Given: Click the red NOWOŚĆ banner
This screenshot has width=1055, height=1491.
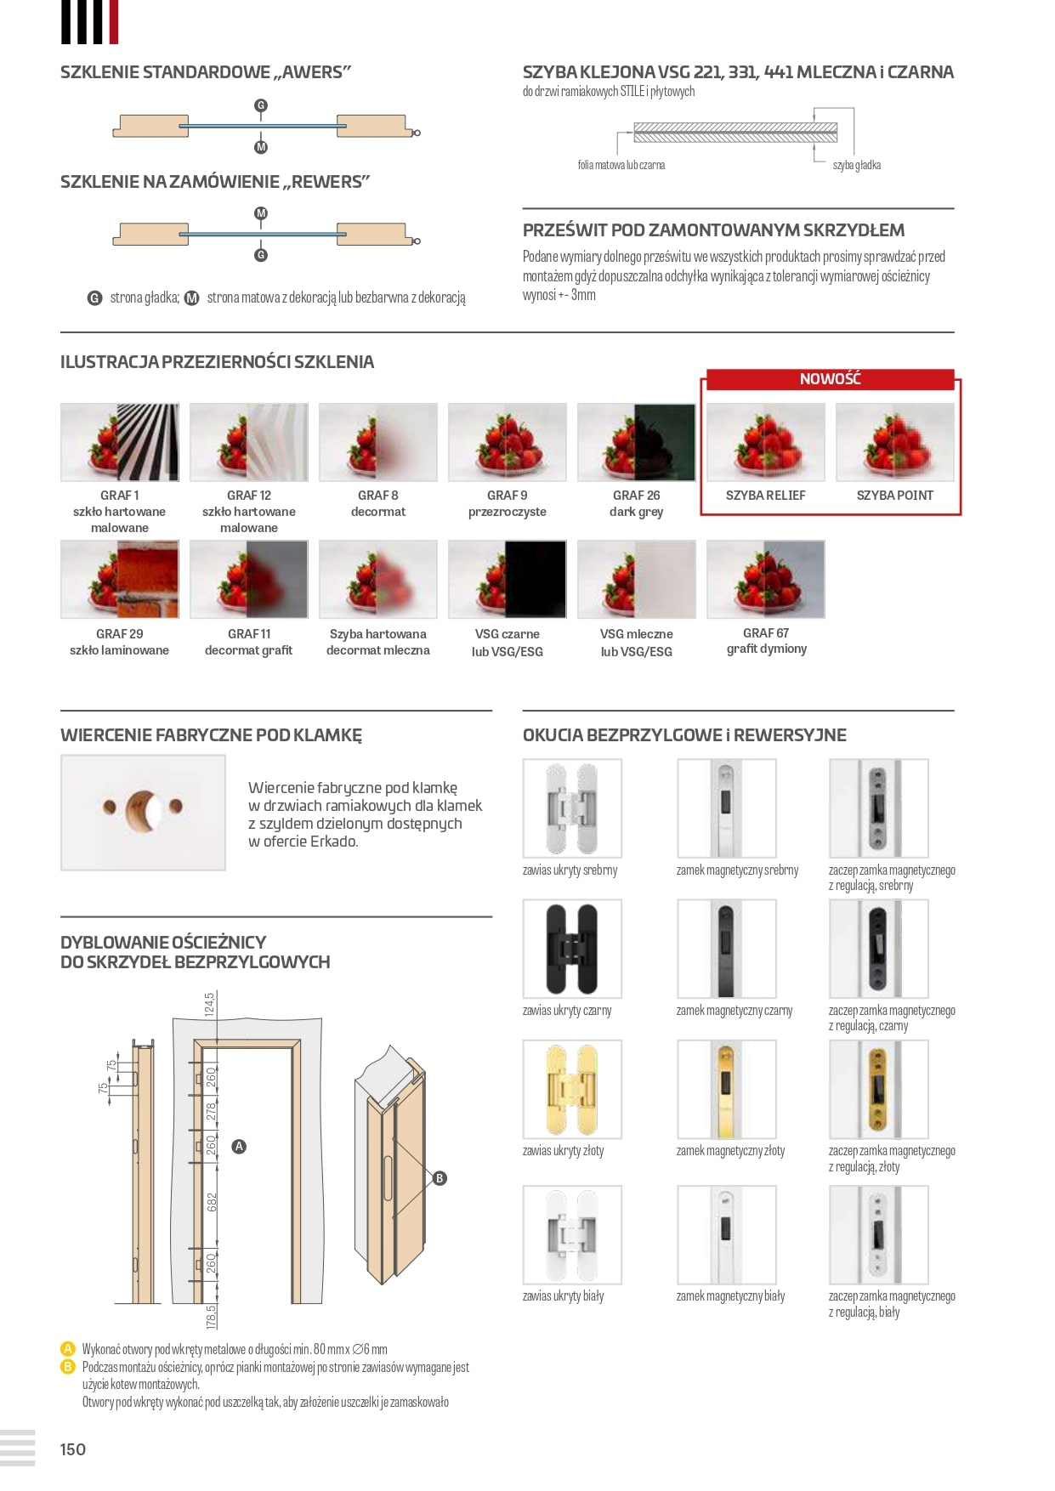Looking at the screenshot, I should click(830, 379).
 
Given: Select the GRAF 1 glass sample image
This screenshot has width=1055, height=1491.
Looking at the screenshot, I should click(120, 442).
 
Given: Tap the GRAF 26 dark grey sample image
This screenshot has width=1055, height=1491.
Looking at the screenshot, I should click(636, 442).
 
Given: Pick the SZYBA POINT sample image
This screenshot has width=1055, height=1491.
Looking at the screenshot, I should click(894, 442).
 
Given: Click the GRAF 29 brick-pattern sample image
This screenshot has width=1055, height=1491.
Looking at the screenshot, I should click(120, 579).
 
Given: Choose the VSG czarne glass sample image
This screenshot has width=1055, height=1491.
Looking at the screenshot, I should click(507, 579).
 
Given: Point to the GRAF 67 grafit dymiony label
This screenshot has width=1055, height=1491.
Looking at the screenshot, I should click(766, 641).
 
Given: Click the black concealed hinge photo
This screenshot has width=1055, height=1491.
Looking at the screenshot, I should click(572, 949).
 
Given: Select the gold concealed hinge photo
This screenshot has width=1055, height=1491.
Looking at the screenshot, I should click(572, 1090).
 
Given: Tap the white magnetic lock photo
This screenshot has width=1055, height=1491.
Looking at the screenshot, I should click(726, 1234).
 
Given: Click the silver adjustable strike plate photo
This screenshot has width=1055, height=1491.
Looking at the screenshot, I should click(878, 808).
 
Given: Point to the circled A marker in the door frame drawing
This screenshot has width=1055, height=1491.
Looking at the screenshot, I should click(240, 1146).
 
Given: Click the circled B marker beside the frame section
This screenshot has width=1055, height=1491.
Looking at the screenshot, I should click(440, 1178).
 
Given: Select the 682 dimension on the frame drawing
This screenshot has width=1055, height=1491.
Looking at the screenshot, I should click(212, 1201).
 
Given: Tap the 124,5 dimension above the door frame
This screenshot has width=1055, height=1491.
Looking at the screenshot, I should click(209, 1004).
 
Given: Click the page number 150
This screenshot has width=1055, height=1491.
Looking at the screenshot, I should click(73, 1449).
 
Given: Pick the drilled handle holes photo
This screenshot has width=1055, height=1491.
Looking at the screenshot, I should click(143, 812).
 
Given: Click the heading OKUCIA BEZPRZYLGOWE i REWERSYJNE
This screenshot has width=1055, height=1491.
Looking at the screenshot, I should click(684, 735).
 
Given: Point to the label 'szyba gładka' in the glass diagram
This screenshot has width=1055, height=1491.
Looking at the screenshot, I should click(856, 165).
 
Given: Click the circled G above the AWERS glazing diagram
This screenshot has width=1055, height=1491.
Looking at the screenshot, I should click(261, 105).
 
